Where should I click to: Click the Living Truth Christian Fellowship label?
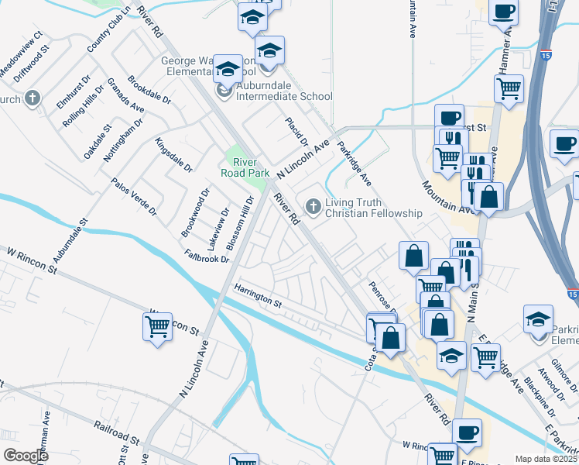click(x=374, y=208)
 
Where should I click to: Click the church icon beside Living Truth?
click(x=313, y=206)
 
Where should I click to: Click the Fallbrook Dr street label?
click(x=207, y=255)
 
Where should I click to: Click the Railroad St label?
click(x=116, y=432)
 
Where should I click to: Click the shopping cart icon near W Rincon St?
click(x=157, y=326)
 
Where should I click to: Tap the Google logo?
click(x=26, y=456)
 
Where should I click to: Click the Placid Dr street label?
click(x=296, y=133)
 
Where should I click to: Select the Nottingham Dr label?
click(x=124, y=137)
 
